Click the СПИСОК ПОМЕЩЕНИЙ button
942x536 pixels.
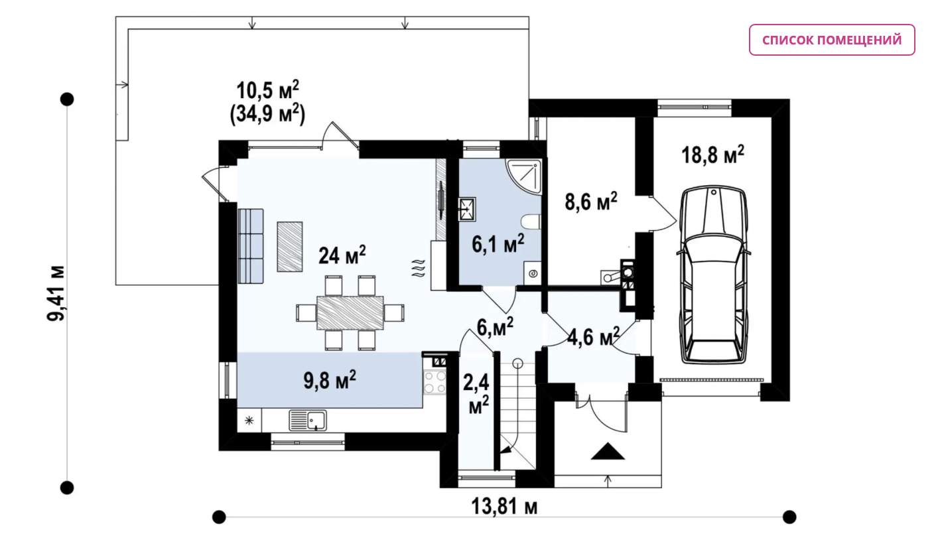831,40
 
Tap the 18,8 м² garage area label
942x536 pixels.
712,155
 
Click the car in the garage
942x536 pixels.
713,275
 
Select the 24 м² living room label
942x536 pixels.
342,255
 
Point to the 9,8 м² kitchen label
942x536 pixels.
330,380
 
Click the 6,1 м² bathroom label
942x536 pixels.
498,244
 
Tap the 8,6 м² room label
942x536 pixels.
591,202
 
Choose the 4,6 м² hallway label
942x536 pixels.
593,337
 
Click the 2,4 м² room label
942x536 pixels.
476,394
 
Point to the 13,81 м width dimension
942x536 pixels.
504,506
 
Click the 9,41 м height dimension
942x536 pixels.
56,293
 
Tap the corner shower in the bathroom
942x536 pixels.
523,176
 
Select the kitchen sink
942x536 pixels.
308,421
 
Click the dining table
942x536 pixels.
350,312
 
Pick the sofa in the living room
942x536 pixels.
251,246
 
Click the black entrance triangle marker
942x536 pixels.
608,451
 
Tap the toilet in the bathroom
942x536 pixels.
531,222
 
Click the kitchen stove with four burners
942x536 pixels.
435,382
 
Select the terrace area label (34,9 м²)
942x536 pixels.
267,114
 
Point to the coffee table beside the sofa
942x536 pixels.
290,247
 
